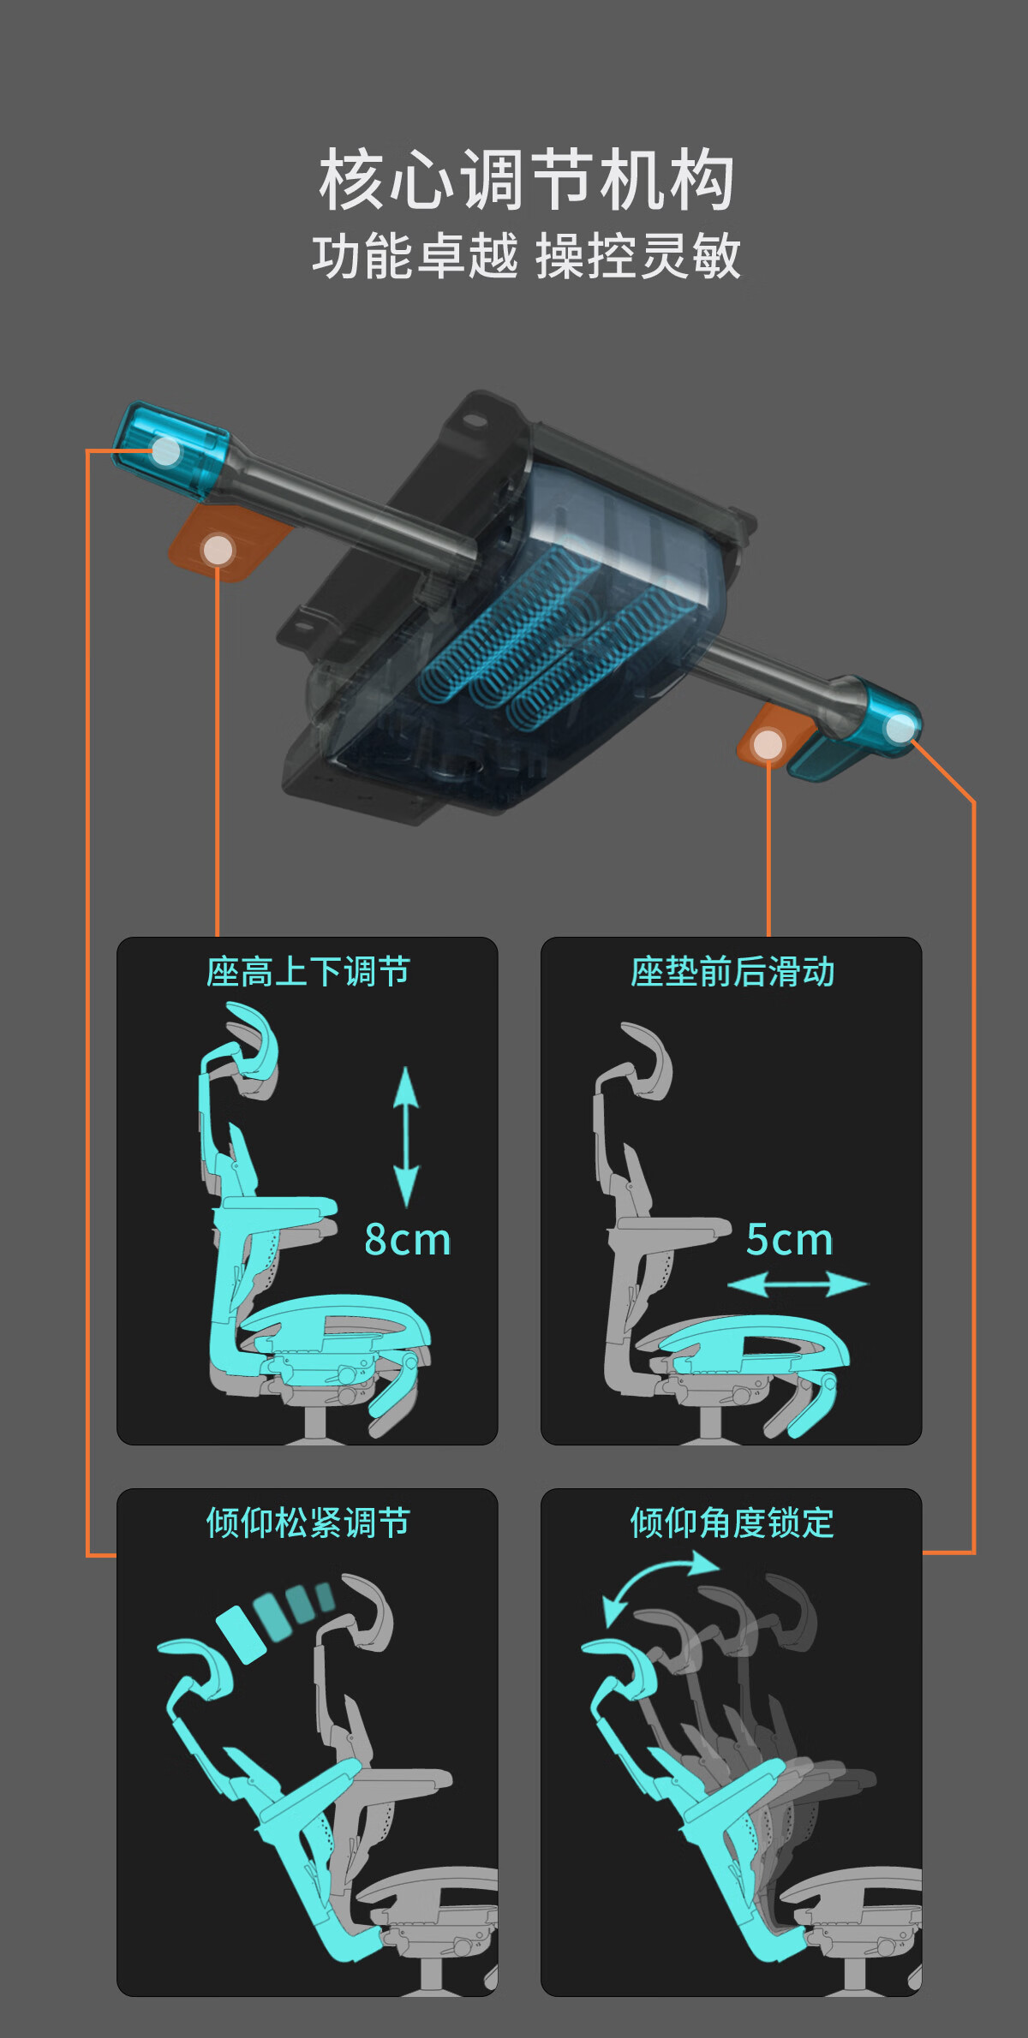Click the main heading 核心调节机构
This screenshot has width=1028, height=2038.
(526, 179)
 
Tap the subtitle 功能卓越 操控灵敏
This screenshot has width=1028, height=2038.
(526, 256)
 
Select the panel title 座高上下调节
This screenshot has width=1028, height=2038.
(308, 972)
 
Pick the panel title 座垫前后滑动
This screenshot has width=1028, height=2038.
(732, 972)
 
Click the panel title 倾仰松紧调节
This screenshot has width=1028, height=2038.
(308, 1523)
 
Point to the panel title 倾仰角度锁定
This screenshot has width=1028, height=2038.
(732, 1523)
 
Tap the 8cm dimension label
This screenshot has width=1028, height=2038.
(408, 1240)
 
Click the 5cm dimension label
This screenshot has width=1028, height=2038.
(790, 1240)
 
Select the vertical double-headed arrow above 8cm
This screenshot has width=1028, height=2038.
(406, 1137)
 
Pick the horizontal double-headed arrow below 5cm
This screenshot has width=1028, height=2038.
(798, 1284)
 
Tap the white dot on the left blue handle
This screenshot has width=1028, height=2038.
(165, 451)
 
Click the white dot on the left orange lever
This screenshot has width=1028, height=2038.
(218, 550)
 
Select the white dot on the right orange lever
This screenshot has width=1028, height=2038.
(768, 745)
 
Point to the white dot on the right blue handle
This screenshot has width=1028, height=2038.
(900, 728)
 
